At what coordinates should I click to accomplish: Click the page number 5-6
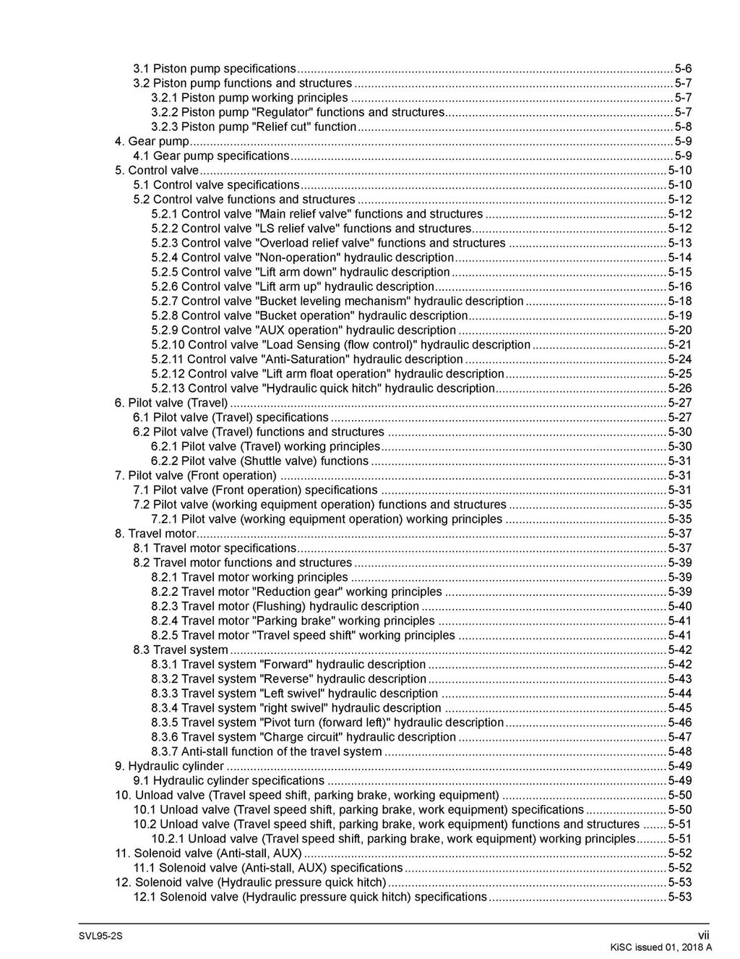(x=683, y=69)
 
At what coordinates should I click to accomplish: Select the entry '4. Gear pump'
(x=152, y=141)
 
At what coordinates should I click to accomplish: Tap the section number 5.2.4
(x=165, y=257)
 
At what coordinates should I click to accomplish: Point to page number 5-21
(x=679, y=345)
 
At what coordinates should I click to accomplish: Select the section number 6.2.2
(x=165, y=461)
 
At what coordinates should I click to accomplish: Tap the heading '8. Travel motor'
(x=155, y=534)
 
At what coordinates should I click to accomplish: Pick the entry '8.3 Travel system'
(x=180, y=649)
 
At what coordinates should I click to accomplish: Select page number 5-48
(x=679, y=751)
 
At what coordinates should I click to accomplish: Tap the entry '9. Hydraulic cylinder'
(x=169, y=766)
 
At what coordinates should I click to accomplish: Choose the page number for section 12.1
(x=679, y=897)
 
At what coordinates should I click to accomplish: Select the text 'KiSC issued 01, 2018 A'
(x=661, y=947)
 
